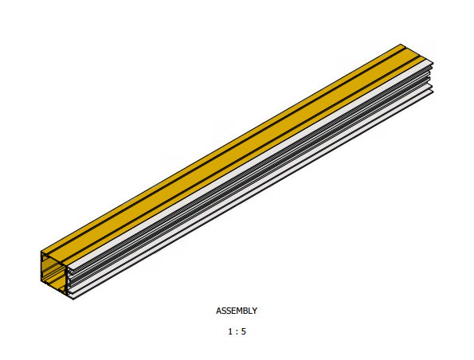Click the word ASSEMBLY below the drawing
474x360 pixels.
[x=237, y=311]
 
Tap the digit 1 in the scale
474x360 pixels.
[x=230, y=331]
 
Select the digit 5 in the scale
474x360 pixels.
[x=243, y=331]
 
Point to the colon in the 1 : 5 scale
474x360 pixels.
[x=237, y=332]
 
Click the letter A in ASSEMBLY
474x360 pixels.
[x=218, y=311]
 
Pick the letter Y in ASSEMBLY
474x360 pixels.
[x=255, y=311]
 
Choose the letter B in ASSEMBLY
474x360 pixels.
[x=245, y=311]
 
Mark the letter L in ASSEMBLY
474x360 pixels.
[x=250, y=311]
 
